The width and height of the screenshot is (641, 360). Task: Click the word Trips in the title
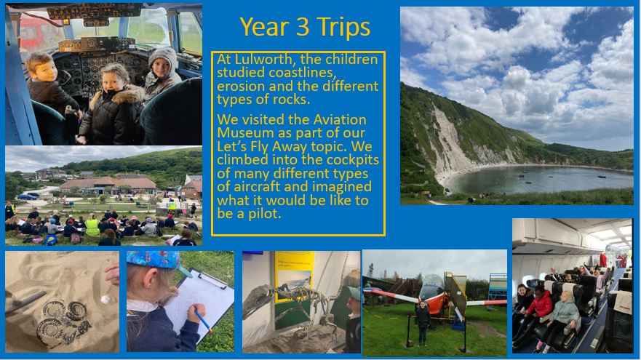pos(343,28)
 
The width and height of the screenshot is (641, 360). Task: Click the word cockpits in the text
pos(353,160)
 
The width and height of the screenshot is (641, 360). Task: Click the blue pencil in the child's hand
pos(203,319)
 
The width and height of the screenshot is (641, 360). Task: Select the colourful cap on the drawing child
pos(157,262)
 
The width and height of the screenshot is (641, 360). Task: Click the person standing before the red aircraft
pos(422,321)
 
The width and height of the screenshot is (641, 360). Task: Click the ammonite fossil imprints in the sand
pos(63,322)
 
